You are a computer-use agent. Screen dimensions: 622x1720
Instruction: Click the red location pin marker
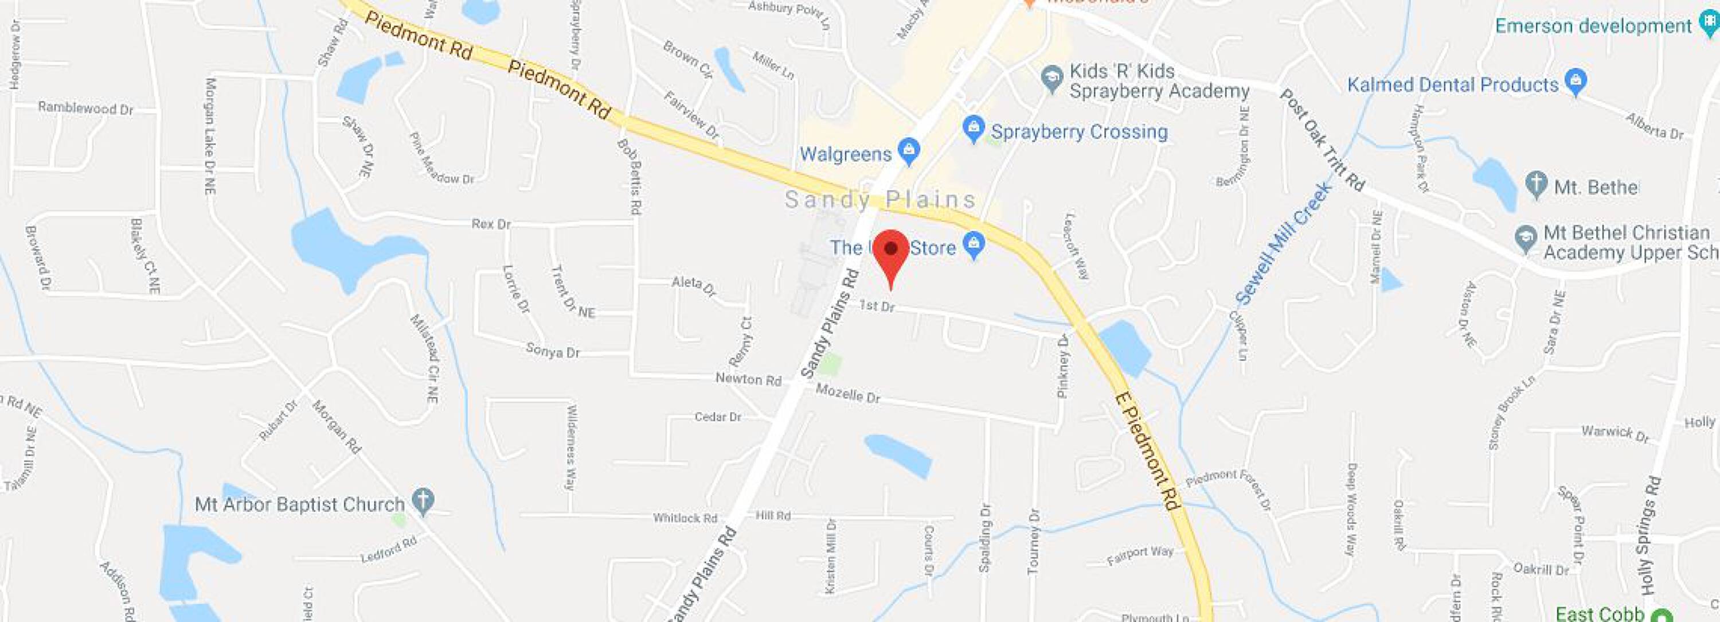891,251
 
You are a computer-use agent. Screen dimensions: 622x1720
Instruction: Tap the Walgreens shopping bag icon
908,151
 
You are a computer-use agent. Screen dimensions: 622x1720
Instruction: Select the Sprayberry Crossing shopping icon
974,129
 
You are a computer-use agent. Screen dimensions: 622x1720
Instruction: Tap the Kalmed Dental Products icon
1576,82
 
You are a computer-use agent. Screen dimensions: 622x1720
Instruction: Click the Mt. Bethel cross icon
1537,184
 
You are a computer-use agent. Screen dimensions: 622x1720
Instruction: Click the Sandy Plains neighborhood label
880,200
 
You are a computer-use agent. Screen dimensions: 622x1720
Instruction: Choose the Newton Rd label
748,379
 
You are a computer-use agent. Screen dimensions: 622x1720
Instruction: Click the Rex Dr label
491,224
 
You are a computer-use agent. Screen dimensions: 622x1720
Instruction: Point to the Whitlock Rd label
685,518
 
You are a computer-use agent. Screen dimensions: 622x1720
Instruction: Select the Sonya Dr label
553,351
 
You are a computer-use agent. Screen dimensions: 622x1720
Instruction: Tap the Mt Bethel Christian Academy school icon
1526,238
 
